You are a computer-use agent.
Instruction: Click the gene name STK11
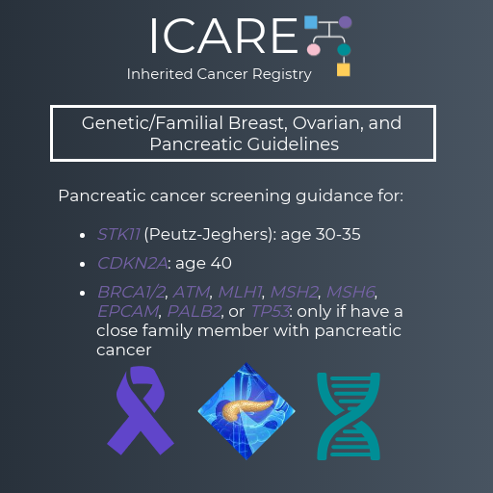pyautogui.click(x=118, y=234)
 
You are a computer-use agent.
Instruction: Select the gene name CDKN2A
pyautogui.click(x=132, y=263)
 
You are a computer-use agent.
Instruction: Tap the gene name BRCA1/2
pyautogui.click(x=131, y=292)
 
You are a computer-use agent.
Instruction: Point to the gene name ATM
pyautogui.click(x=192, y=292)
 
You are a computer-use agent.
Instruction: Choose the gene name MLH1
pyautogui.click(x=240, y=292)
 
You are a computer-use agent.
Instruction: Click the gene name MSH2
pyautogui.click(x=295, y=292)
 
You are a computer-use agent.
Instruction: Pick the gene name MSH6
pyautogui.click(x=350, y=292)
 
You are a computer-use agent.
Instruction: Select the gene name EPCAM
pyautogui.click(x=128, y=311)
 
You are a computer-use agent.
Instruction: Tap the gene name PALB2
pyautogui.click(x=195, y=311)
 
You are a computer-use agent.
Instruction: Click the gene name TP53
pyautogui.click(x=271, y=311)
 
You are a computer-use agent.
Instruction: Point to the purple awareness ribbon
pyautogui.click(x=141, y=411)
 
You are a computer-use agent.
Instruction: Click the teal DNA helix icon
pyautogui.click(x=349, y=416)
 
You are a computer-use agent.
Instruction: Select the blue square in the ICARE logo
pyautogui.click(x=311, y=22)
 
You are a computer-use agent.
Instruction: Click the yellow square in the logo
pyautogui.click(x=344, y=69)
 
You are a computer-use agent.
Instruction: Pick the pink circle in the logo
pyautogui.click(x=314, y=50)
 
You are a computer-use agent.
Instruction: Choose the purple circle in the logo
pyautogui.click(x=346, y=22)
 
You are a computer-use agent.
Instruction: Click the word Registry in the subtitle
pyautogui.click(x=282, y=74)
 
